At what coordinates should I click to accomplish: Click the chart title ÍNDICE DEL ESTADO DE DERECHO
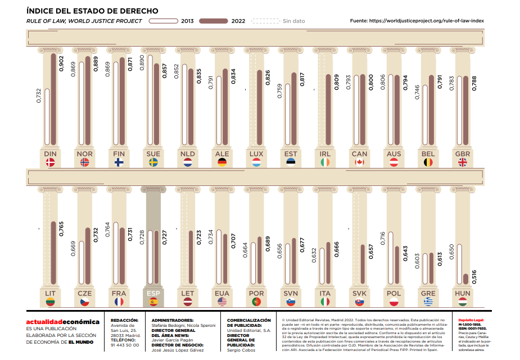[92, 11]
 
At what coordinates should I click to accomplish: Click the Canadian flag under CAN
[360, 162]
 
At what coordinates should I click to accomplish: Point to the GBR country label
[463, 153]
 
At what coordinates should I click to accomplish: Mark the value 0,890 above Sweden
[141, 62]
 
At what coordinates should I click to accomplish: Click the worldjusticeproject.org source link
[427, 21]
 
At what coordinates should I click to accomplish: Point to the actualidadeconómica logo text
[62, 322]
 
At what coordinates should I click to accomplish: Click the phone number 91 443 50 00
[124, 345]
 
